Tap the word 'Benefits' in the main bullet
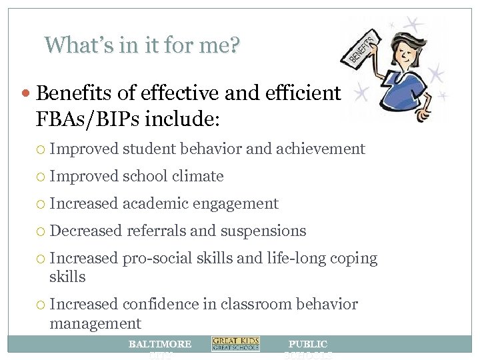71,92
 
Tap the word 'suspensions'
264,231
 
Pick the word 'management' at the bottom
95,324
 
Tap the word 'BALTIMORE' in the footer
159,344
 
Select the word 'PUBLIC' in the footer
307,344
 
